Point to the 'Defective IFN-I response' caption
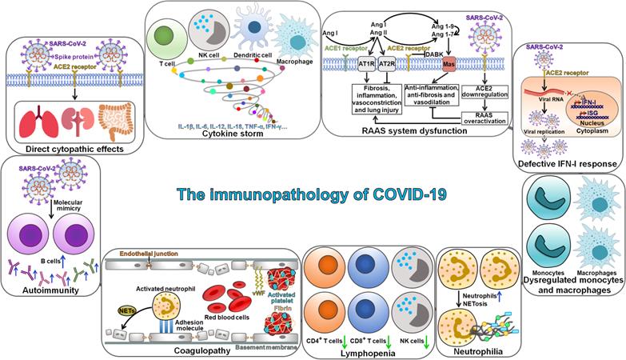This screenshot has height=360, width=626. (x=567, y=165)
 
